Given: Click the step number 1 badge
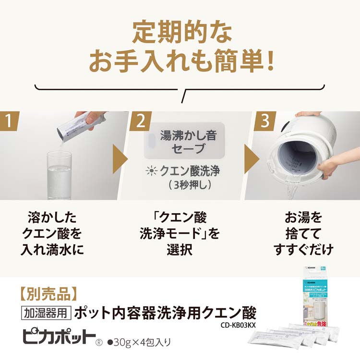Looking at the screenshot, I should (9, 121).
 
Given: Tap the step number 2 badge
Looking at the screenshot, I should (140, 121).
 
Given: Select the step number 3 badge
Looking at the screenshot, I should (264, 121).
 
